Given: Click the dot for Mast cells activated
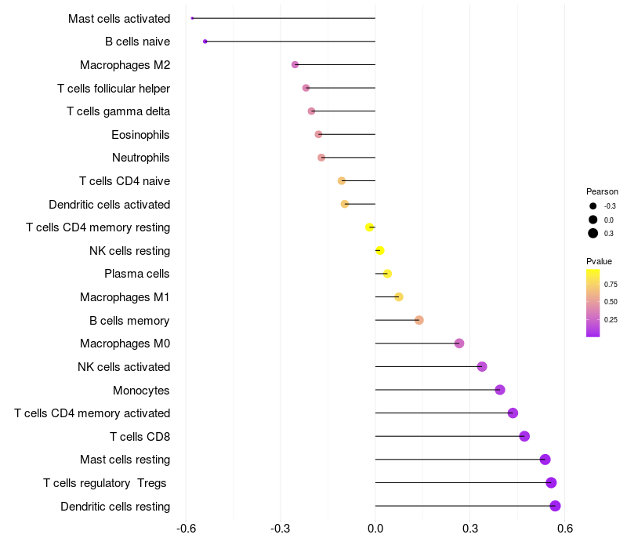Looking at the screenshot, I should coord(192,18).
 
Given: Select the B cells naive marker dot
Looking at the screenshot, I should coord(205,41).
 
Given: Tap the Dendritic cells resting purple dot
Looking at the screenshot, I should coord(555,506).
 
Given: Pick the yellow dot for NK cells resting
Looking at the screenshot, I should coord(379,251).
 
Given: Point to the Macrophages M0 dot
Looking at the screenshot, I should coord(459,344).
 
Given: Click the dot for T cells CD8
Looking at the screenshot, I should coord(524,436).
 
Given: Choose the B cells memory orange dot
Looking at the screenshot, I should coord(419,320).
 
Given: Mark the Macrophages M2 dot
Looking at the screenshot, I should coord(295,64).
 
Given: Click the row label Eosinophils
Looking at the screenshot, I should coord(140,135).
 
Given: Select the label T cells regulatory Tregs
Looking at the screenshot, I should coord(106,483).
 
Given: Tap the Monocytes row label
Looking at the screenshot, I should coord(141,391).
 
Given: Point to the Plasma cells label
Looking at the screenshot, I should coord(137,274).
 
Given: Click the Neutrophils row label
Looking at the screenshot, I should coord(141,158).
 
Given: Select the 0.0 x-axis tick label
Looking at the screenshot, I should coord(375,529).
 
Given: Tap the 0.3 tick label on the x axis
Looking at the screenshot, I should coord(470,529).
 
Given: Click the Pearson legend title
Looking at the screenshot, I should coord(602,191).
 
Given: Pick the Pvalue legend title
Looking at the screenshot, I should coord(599,261).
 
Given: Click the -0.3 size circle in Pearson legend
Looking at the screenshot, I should coord(593,206).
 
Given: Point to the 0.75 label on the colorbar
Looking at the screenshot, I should coord(611,284).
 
